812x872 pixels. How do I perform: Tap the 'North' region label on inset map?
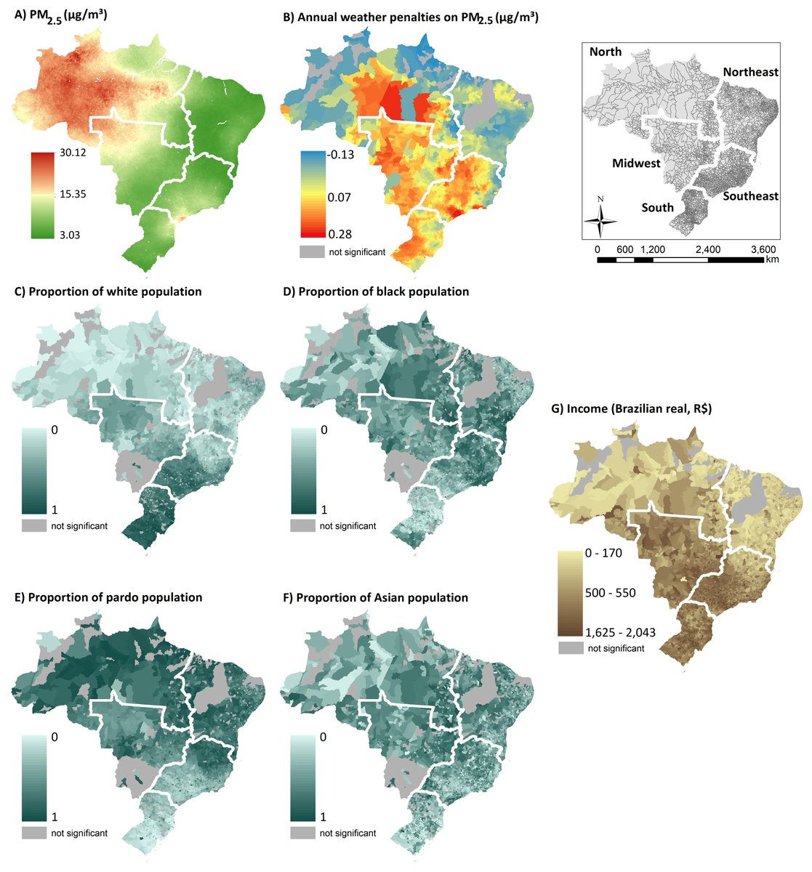coord(606,52)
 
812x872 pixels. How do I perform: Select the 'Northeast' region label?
coord(749,72)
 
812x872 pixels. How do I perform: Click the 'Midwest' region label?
coord(636,163)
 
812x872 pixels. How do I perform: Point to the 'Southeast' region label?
coord(749,196)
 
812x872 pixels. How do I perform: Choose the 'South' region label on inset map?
coord(657,208)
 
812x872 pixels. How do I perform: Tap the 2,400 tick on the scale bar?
coord(707,249)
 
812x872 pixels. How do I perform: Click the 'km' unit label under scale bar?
coord(771,259)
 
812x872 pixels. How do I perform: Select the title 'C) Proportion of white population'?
coord(108,291)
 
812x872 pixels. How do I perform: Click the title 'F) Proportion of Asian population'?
coord(374,598)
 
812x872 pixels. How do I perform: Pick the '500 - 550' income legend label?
coord(610,593)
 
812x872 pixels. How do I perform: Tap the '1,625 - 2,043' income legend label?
coord(620,632)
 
